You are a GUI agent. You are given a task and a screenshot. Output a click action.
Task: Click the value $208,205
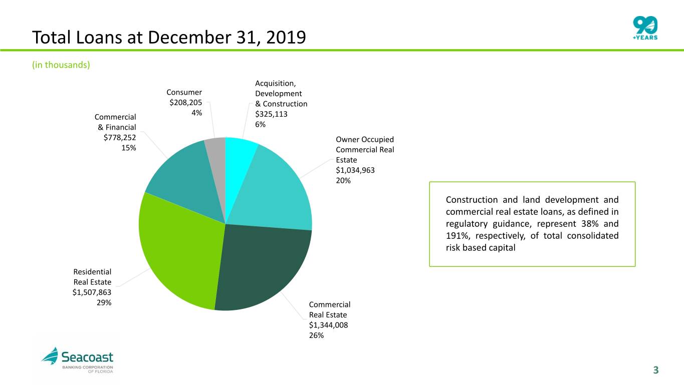[x=186, y=103]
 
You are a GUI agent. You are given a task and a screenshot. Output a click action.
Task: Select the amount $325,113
[x=271, y=114]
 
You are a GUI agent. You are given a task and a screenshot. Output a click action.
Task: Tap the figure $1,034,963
[x=355, y=170]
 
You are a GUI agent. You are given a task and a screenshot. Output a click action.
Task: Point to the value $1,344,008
[x=329, y=325]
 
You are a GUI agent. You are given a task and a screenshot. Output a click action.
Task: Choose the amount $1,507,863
[x=92, y=292]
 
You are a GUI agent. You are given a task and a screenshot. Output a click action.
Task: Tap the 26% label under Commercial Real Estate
[x=316, y=335]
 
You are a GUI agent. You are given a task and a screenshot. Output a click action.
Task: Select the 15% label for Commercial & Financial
[x=128, y=148]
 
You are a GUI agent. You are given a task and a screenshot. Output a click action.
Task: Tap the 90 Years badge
[x=645, y=28]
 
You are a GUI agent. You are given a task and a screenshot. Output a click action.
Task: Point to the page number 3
[x=655, y=370]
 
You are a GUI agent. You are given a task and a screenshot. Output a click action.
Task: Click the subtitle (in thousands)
[x=61, y=65]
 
